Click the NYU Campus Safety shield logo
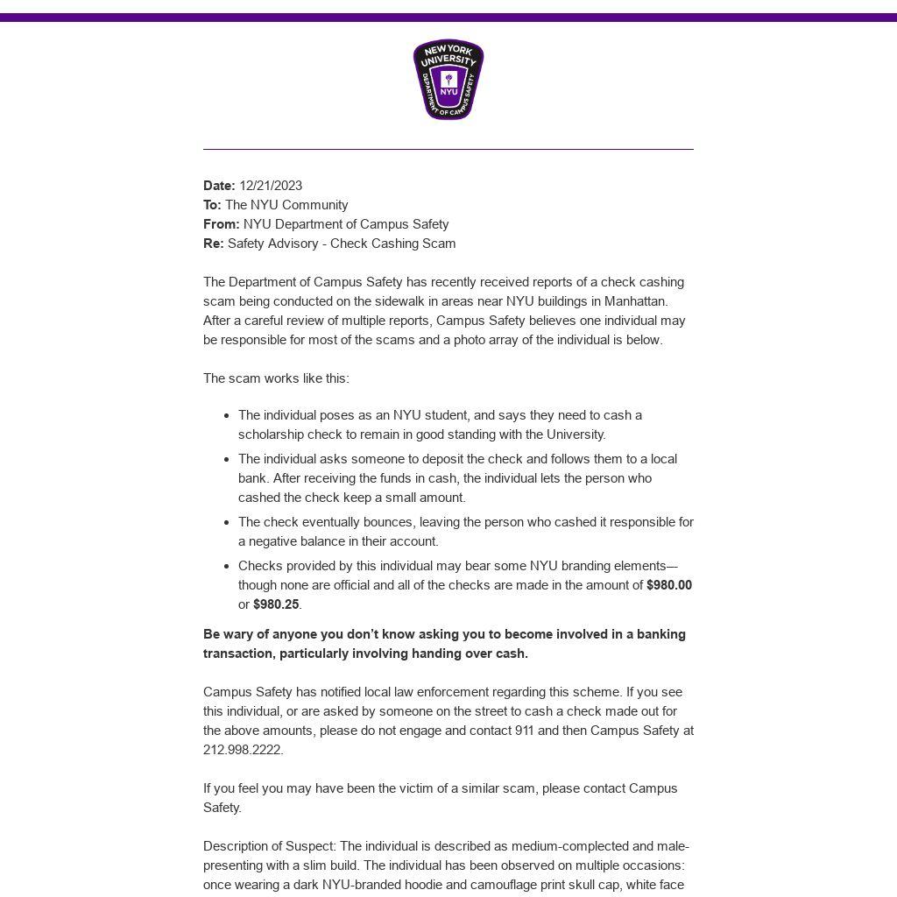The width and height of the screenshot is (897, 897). coord(448,80)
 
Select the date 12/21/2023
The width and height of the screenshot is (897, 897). coord(271,186)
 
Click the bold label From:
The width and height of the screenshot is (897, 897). coord(221,224)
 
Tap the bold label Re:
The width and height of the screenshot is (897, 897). coord(213,244)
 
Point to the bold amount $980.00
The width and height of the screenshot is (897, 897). coord(669,585)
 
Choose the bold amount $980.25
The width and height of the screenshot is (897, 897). coord(276,604)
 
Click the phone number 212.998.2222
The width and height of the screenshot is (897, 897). coord(243,750)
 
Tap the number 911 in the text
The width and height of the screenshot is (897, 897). coord(525,731)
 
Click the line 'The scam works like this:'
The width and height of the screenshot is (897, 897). coord(276,378)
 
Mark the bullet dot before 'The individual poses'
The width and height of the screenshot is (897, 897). coord(227,416)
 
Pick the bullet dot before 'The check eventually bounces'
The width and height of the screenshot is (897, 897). coord(227,523)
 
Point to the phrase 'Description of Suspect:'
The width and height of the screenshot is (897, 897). coord(270,846)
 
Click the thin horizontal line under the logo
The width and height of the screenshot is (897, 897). coord(448,150)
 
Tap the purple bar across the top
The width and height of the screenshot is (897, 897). coord(448,18)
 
